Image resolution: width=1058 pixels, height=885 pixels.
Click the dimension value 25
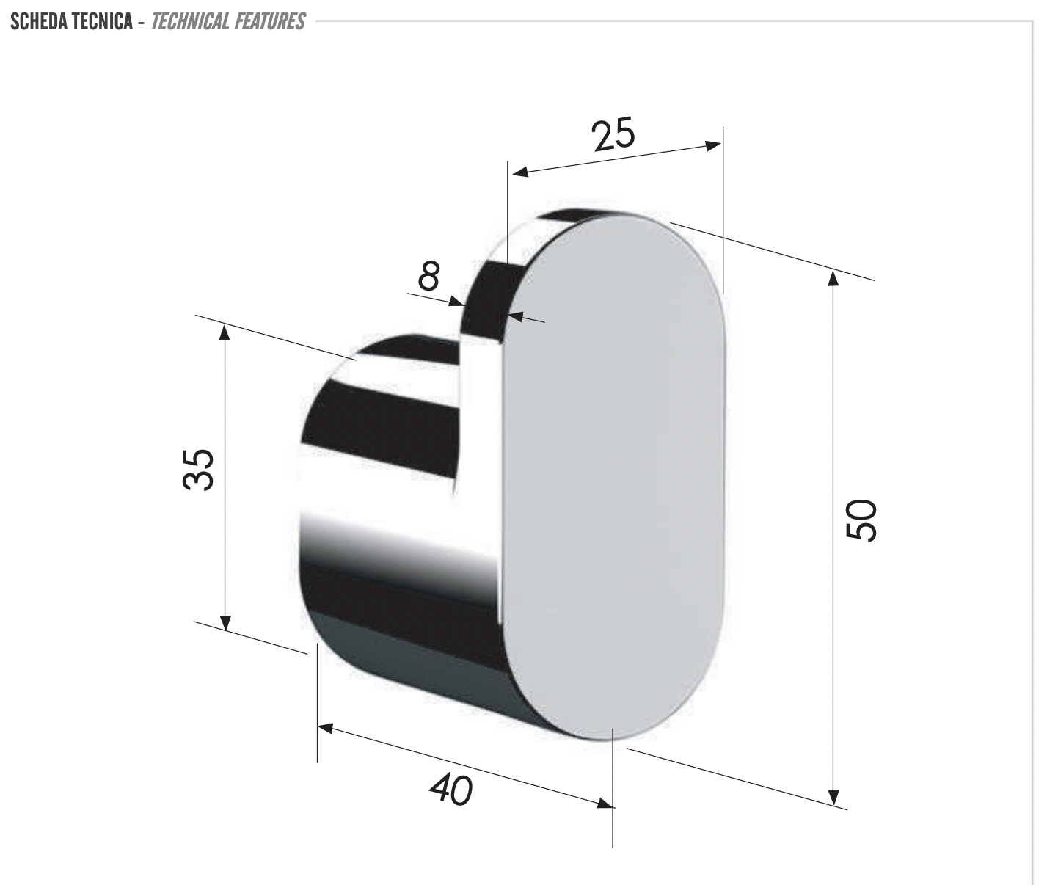[614, 135]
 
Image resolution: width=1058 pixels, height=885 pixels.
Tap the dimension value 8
[428, 276]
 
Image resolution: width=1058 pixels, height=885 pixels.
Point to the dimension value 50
[861, 520]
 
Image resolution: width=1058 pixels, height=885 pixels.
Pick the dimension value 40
[450, 790]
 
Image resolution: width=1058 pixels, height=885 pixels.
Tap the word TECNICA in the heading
[102, 21]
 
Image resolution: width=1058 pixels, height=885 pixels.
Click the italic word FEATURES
[269, 21]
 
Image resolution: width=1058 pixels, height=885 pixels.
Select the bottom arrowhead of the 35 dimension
[225, 623]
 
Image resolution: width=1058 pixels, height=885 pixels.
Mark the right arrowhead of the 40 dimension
[605, 804]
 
